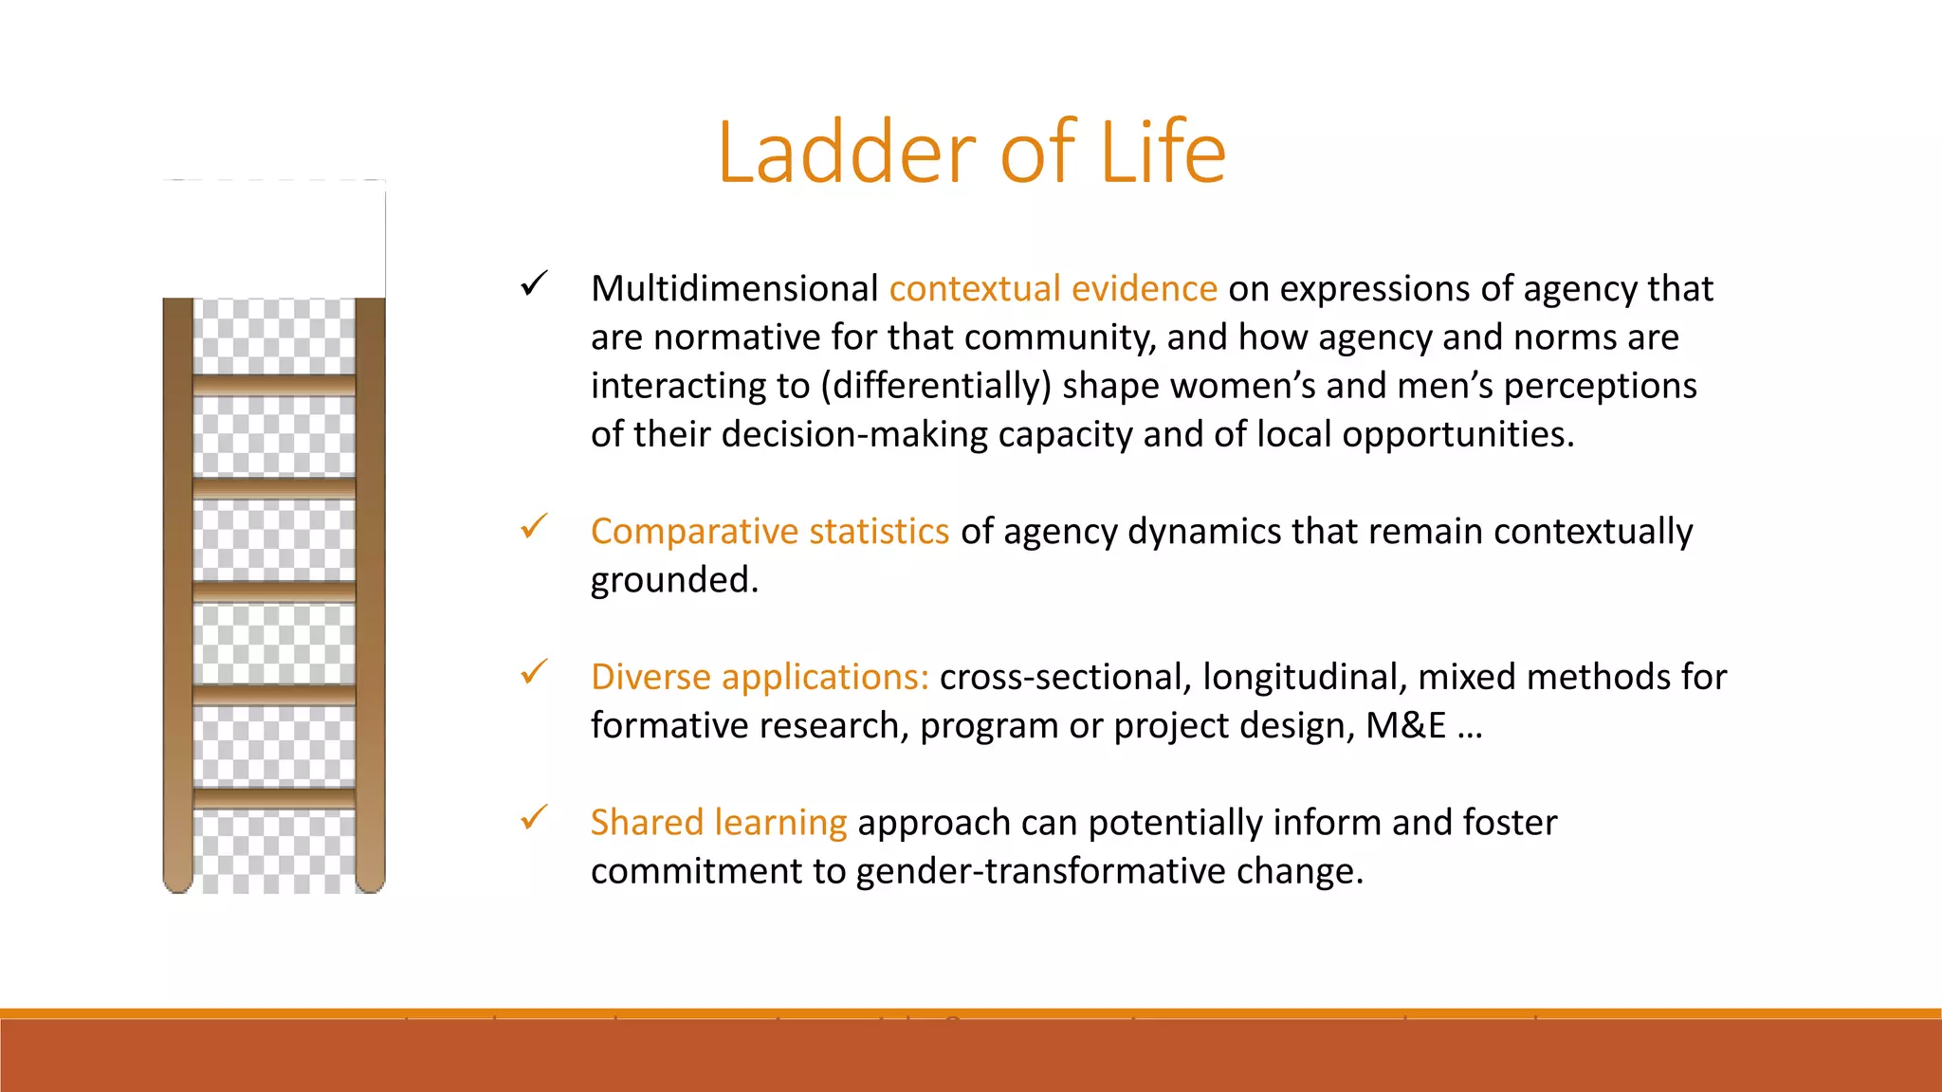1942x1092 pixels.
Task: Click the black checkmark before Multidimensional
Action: coord(535,283)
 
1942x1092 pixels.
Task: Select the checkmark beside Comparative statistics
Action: coord(535,526)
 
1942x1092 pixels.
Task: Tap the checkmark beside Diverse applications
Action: coord(535,672)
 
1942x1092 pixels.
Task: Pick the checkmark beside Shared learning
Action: coord(535,817)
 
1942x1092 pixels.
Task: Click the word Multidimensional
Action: coord(734,288)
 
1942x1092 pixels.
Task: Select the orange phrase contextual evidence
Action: coord(1053,288)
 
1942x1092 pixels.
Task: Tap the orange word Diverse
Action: coord(650,677)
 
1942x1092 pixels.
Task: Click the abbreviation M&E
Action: coord(1405,726)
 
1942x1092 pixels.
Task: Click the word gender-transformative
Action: coord(1040,871)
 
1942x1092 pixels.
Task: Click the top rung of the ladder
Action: coord(274,385)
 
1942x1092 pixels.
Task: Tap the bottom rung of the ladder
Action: coord(274,797)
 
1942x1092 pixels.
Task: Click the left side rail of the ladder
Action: coord(178,588)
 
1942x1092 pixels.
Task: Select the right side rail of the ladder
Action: coord(370,588)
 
